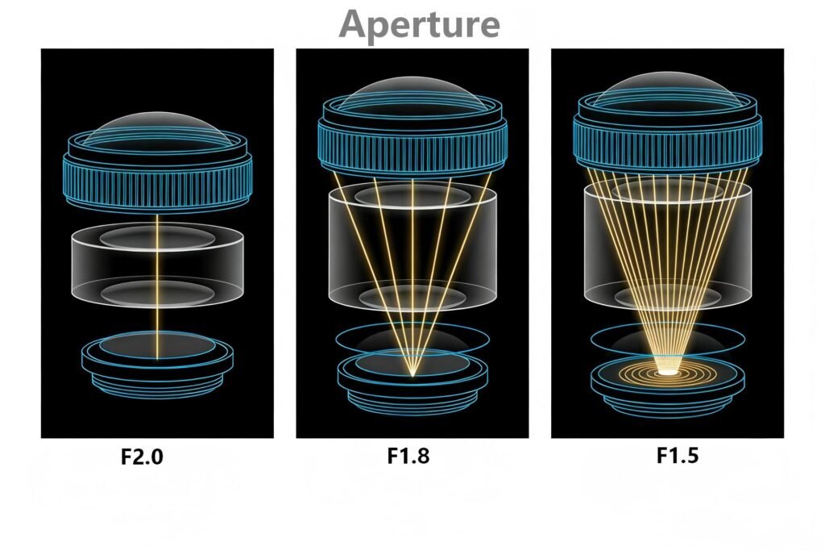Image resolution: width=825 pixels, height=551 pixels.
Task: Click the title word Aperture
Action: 419,24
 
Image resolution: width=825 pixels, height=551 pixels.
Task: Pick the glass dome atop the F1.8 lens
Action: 412,94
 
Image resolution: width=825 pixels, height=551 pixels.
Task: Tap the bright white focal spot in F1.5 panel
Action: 667,372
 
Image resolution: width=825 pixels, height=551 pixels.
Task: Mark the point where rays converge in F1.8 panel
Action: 412,375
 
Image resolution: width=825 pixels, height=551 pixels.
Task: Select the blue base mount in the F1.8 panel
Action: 412,383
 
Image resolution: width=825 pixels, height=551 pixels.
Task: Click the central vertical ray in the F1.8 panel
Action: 412,266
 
